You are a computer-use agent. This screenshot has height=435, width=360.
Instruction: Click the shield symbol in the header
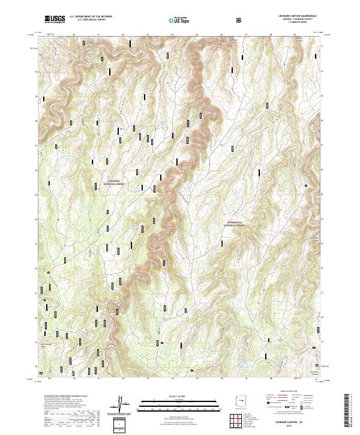coord(240,20)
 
